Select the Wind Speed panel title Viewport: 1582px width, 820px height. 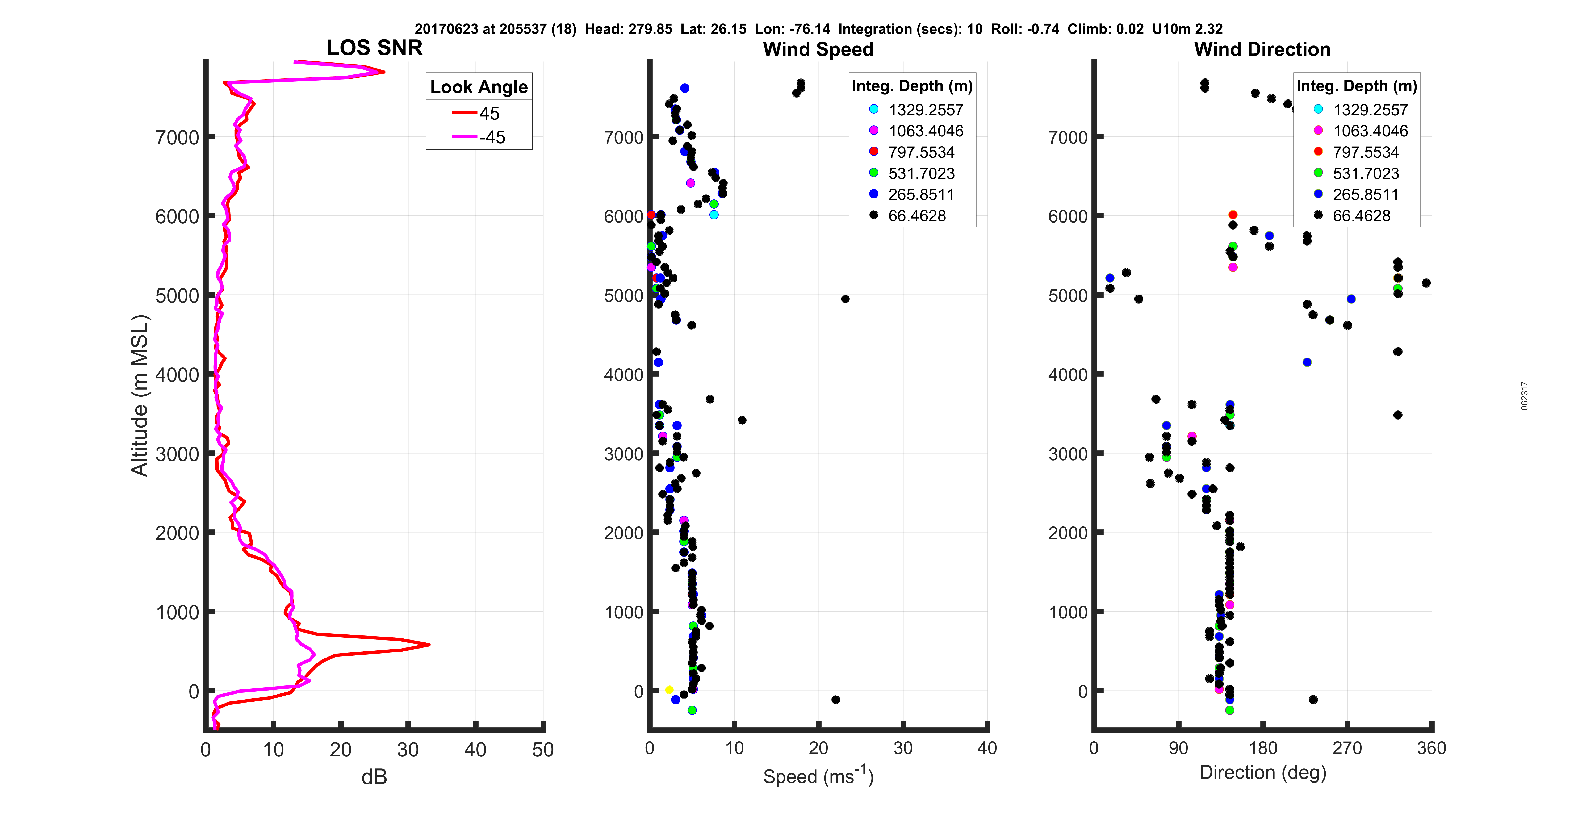coord(818,49)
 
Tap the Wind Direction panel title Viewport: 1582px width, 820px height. coord(1262,49)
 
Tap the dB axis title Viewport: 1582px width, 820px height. coord(374,777)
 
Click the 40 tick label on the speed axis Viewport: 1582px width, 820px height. coord(987,748)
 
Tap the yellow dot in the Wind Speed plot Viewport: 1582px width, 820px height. coord(669,690)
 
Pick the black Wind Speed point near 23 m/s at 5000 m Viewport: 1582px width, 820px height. coord(845,299)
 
